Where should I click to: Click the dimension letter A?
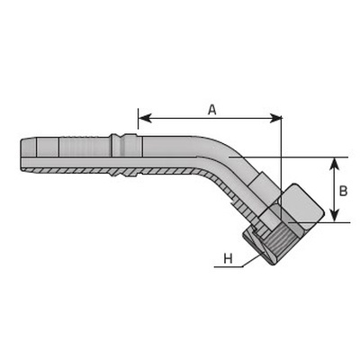[x=212, y=110]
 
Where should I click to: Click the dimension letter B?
[x=343, y=191]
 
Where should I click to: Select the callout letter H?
[x=229, y=258]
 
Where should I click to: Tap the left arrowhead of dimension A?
[x=145, y=118]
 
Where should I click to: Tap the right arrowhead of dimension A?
[x=275, y=118]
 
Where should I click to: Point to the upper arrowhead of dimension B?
[x=335, y=164]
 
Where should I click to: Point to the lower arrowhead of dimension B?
[x=335, y=215]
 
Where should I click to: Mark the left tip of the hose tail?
[x=21, y=155]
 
